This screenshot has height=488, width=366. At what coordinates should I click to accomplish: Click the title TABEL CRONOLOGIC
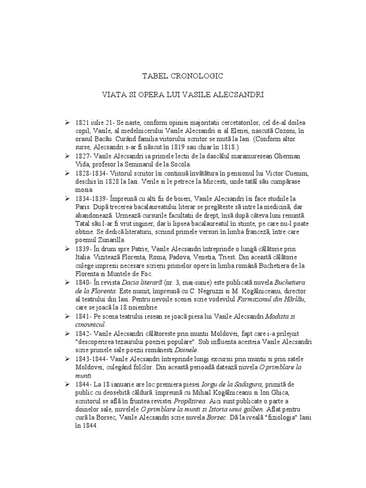[183, 76]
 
